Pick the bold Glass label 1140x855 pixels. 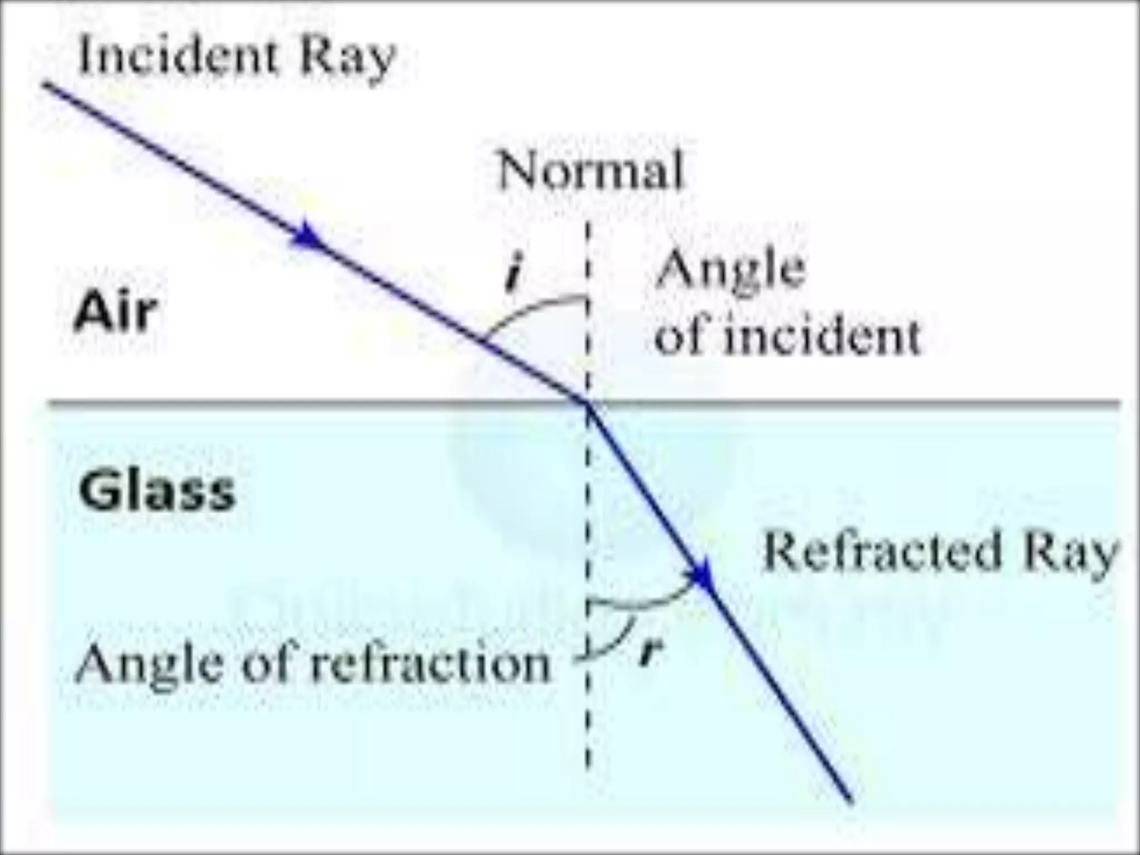[158, 491]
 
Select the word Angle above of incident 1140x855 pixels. [730, 271]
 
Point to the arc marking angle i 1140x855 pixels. [529, 309]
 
